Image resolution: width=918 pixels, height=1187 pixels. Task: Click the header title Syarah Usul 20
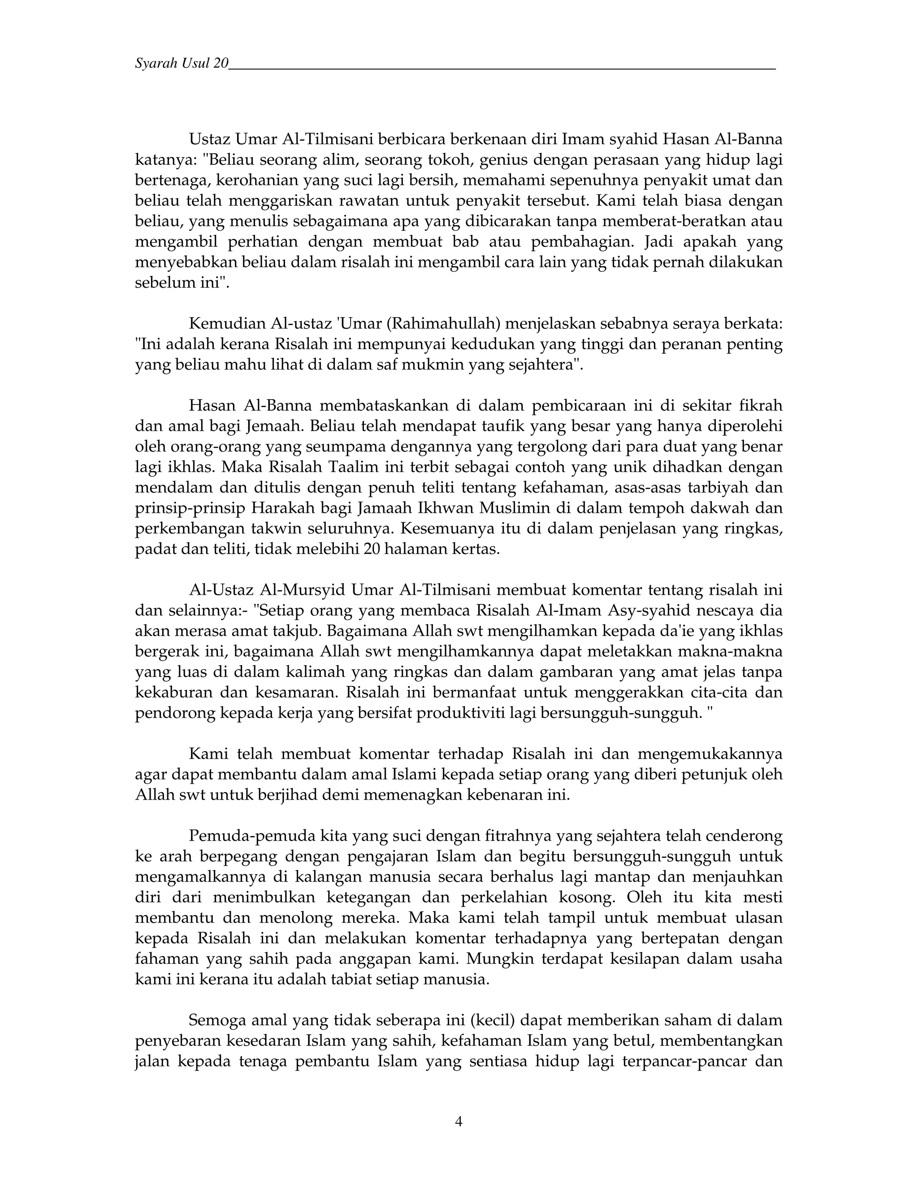click(182, 64)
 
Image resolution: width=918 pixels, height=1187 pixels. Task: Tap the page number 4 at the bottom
click(459, 1121)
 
